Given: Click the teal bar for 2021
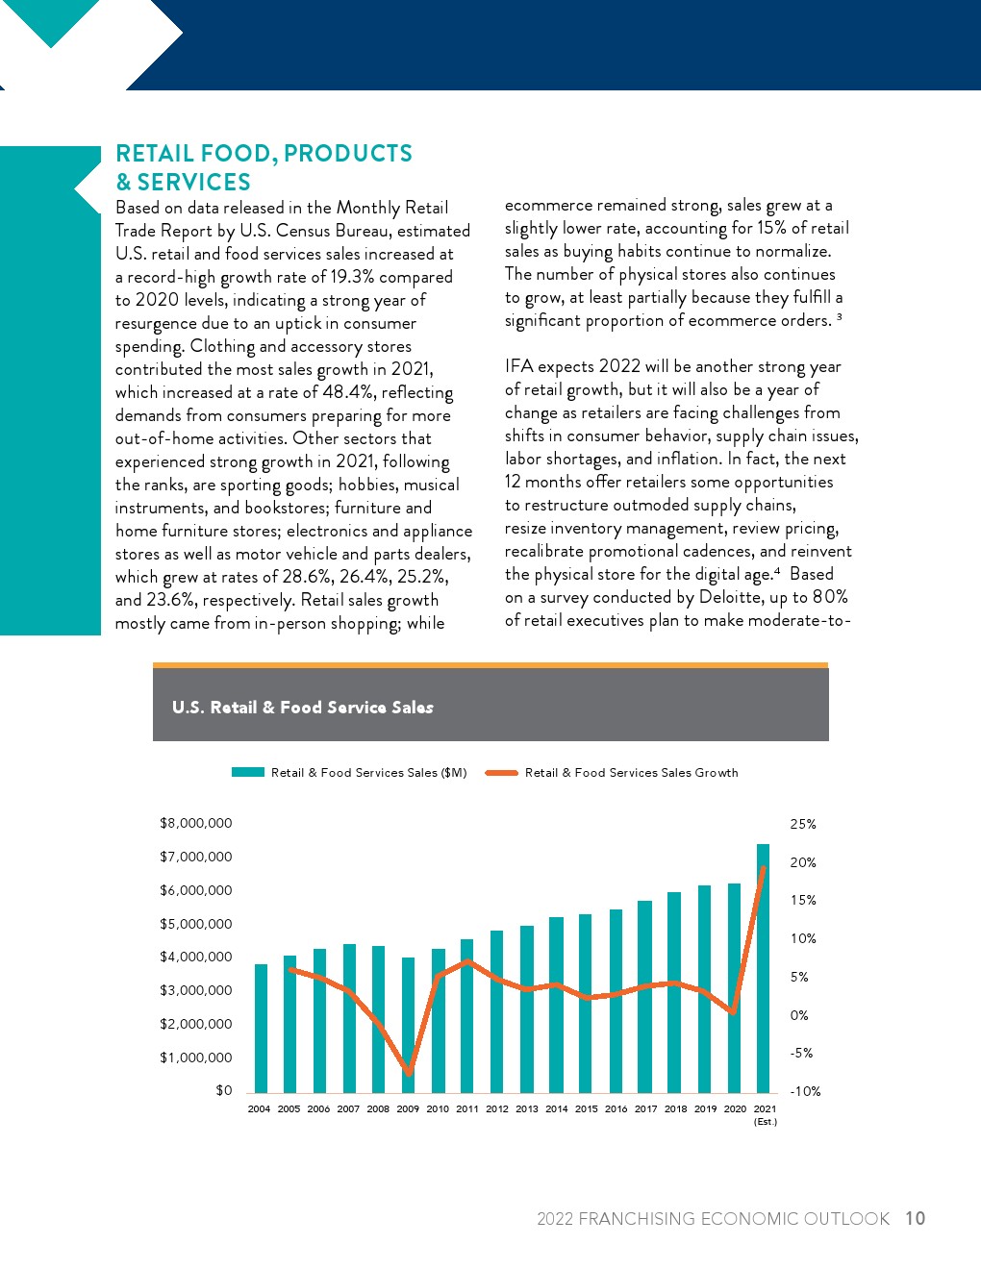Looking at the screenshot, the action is point(763,968).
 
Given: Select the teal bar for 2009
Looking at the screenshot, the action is point(408,1025).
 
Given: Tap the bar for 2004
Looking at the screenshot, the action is point(261,1028).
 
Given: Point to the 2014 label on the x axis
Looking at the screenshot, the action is point(556,1108).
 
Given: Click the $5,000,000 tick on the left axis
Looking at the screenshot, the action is point(196,924).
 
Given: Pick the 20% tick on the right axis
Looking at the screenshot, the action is point(803,862).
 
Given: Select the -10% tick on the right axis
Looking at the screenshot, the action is point(805,1091).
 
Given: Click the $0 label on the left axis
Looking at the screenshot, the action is point(224,1090).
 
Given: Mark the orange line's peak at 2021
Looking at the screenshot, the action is point(763,868).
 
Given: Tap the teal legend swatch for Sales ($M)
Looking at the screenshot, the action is point(248,772).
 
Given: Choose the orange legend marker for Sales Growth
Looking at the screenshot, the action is point(501,773).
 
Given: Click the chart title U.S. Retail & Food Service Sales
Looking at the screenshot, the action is point(303,708).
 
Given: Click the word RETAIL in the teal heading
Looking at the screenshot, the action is point(155,153).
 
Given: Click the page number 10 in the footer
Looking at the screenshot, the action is point(915,1218).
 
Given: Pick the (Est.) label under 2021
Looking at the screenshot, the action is point(766,1121).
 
